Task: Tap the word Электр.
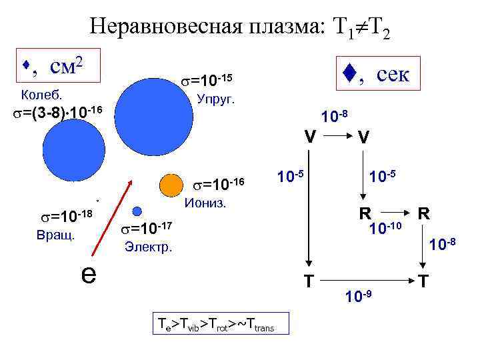(149, 248)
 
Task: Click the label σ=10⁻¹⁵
(207, 81)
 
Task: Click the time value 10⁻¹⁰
(385, 229)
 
